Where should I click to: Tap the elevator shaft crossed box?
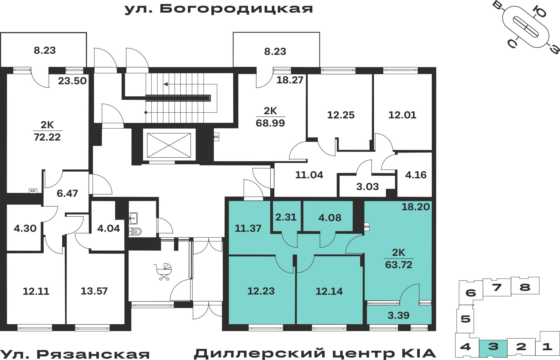169,145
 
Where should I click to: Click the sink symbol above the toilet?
133,218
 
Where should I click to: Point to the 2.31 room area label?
286,217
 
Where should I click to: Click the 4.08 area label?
330,218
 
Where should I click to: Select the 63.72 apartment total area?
399,265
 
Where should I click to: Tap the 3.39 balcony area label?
398,315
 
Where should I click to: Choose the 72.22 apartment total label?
47,137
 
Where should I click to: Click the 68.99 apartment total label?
270,123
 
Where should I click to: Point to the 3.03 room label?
367,187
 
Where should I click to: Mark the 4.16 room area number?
416,175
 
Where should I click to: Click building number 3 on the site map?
493,347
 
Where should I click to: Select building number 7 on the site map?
497,287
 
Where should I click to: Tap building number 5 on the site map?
465,319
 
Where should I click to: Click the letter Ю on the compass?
539,11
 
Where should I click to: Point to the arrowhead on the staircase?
166,84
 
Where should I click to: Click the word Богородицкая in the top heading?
236,9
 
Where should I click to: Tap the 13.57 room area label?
94,291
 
